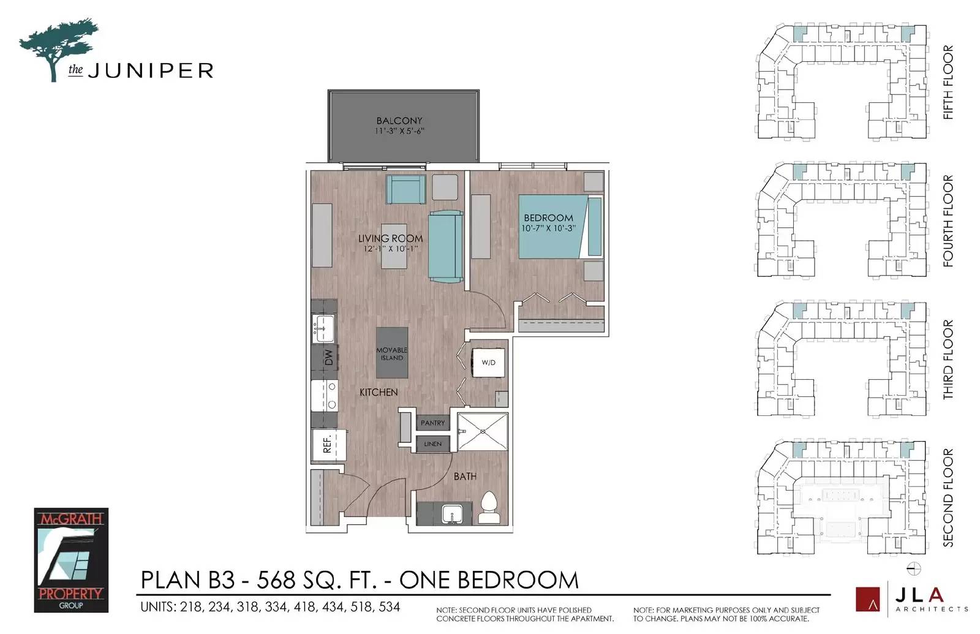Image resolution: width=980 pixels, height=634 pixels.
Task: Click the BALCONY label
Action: [399, 121]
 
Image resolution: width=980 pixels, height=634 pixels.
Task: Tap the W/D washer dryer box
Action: [488, 363]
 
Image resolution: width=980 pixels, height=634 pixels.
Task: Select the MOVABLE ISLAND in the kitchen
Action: [391, 353]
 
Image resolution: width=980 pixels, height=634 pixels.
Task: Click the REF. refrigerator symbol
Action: [328, 444]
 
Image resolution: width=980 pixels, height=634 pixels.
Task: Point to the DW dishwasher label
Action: [328, 358]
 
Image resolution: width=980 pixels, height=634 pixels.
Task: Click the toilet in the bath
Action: [489, 508]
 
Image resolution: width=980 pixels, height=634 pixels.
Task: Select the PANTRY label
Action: [432, 423]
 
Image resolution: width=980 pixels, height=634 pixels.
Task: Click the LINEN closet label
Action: [432, 444]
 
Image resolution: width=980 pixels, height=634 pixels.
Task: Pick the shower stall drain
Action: [483, 432]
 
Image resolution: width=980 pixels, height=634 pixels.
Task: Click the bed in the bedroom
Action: [551, 227]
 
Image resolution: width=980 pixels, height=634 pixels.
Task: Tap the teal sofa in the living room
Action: [445, 246]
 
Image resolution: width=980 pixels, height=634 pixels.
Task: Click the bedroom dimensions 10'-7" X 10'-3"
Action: [548, 228]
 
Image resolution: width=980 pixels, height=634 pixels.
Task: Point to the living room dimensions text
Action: [390, 249]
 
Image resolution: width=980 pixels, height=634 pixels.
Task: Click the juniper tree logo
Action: [58, 49]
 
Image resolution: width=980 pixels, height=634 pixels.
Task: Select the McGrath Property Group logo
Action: [71, 560]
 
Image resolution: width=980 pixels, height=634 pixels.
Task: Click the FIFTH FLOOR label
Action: [948, 82]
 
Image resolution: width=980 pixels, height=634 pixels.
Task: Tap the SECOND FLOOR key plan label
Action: [948, 497]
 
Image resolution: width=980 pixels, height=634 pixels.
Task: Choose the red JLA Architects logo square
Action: [867, 600]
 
